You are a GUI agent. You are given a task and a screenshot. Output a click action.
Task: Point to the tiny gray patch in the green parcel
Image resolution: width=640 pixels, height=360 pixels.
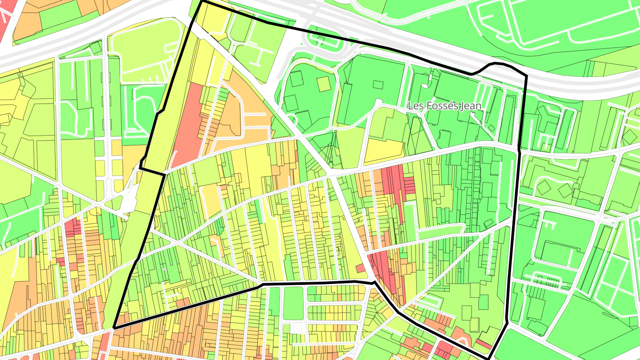165,269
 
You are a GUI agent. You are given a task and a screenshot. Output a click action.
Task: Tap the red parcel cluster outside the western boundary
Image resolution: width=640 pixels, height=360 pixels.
73,227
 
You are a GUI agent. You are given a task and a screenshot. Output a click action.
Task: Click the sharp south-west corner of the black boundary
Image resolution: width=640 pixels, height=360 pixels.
114,328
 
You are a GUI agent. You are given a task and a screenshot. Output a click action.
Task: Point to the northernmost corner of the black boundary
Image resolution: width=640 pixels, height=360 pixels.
202,1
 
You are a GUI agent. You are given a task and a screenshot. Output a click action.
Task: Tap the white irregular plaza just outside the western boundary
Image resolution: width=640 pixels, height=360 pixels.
129,202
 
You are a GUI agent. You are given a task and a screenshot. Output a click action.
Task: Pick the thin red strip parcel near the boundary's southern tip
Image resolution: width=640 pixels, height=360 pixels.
483,344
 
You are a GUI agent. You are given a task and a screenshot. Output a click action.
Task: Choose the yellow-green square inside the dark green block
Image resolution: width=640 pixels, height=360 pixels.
324,84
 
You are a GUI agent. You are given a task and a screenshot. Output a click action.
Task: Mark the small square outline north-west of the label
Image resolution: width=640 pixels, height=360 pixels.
378,84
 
